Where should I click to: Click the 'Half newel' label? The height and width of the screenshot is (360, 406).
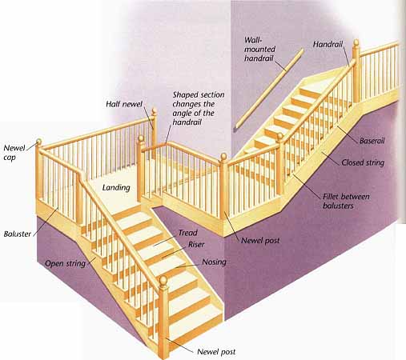click(124, 104)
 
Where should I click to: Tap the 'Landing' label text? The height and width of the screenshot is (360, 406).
click(116, 188)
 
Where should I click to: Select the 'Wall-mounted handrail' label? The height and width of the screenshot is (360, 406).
click(259, 49)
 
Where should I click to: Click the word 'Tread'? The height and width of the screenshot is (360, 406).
click(188, 233)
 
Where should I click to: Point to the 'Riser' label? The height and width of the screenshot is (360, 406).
click(196, 244)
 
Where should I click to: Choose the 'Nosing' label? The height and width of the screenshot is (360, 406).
click(214, 262)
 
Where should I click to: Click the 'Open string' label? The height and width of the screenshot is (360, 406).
click(66, 263)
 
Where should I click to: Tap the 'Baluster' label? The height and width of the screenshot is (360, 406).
click(18, 234)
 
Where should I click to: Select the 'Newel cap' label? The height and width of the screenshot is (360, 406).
click(14, 153)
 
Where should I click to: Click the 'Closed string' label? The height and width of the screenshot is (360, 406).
click(363, 162)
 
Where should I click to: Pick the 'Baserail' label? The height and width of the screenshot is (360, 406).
click(372, 141)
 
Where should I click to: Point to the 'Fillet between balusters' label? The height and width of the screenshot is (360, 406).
click(346, 201)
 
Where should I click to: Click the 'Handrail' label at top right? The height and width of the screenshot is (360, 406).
click(328, 44)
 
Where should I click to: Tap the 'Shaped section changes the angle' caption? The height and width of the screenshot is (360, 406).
click(199, 108)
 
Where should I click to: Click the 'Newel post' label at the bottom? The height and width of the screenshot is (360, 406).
click(216, 352)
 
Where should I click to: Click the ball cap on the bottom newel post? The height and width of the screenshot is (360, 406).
click(163, 281)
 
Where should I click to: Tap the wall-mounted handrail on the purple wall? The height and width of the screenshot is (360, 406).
click(268, 90)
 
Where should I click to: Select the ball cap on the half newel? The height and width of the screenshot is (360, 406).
click(154, 111)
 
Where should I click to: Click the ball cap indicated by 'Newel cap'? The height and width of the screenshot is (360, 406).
click(38, 142)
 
